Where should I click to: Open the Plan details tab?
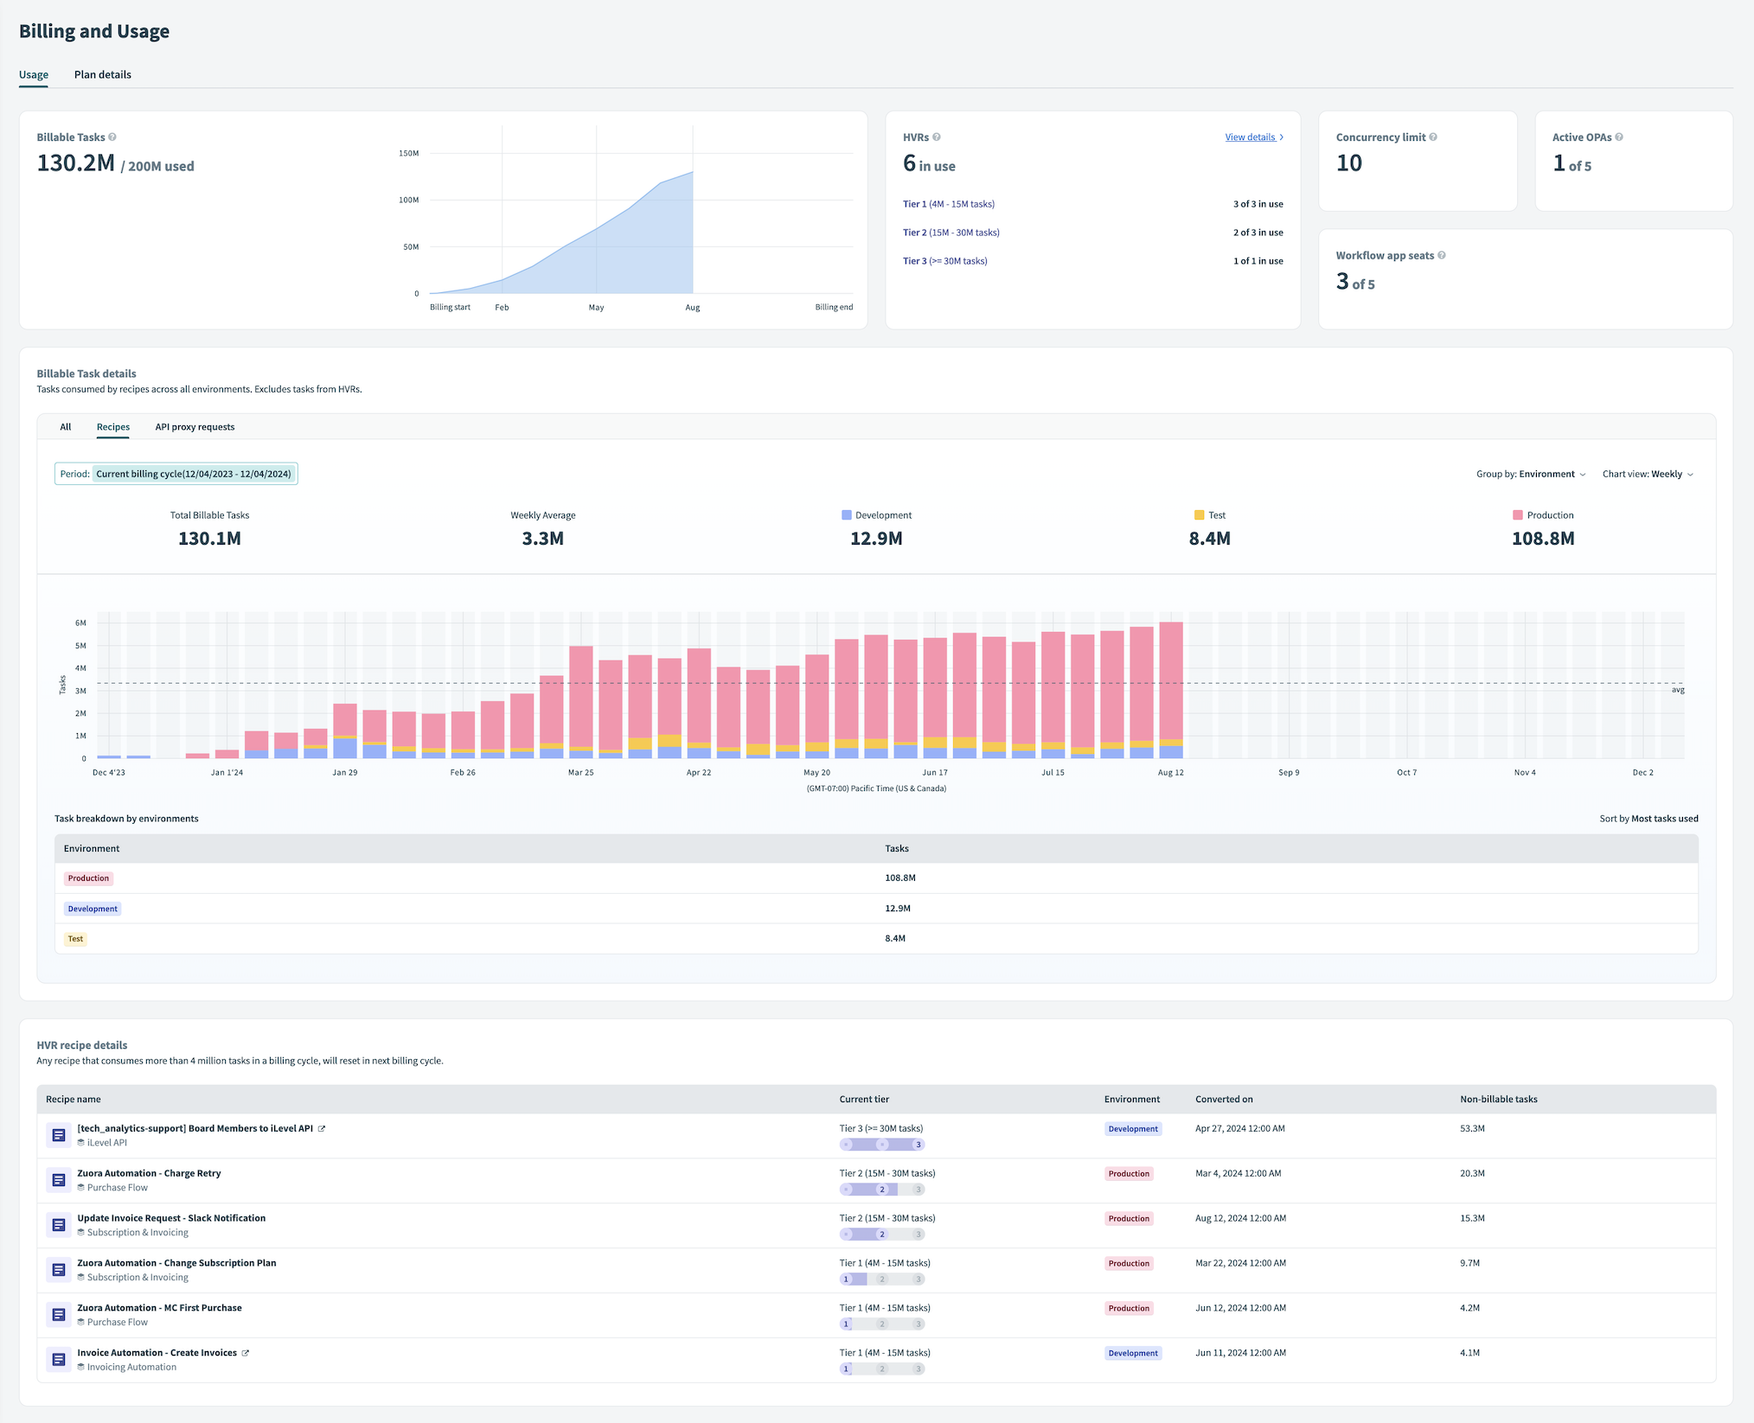click(102, 74)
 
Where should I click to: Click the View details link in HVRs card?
click(1251, 137)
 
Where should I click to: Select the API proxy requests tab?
click(195, 427)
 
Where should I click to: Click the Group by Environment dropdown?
click(1530, 474)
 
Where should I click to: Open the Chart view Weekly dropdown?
click(1647, 474)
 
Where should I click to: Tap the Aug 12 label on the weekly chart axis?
click(1170, 773)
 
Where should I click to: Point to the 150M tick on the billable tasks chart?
click(408, 153)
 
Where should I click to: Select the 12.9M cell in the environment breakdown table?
click(897, 909)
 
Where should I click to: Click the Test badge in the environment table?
click(75, 939)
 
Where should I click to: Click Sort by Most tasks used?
click(1648, 819)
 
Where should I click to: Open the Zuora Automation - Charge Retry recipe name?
click(149, 1173)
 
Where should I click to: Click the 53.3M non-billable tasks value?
click(1472, 1128)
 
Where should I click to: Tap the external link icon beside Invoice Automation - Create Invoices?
click(246, 1353)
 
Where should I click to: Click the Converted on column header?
click(1224, 1100)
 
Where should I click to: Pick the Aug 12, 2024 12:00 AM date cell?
click(1240, 1218)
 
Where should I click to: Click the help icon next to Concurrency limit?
click(1433, 137)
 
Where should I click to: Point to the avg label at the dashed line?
click(1677, 690)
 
